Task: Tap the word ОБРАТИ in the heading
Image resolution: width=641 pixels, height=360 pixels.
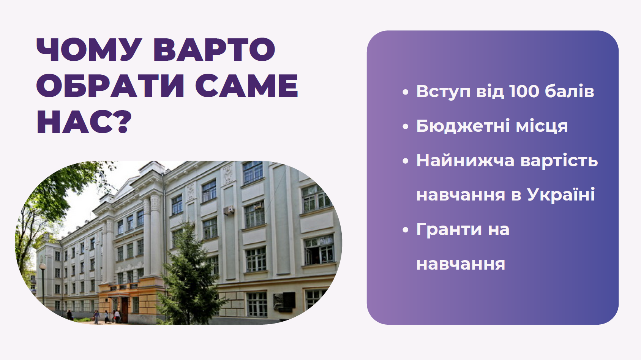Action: point(110,86)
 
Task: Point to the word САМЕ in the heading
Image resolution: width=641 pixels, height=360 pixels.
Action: point(247,86)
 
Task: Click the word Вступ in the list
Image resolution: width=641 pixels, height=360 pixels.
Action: point(443,92)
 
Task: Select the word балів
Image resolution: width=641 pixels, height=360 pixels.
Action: point(570,91)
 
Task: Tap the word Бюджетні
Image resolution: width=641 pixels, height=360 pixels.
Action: point(463,126)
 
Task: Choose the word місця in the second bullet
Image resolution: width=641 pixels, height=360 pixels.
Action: point(542,126)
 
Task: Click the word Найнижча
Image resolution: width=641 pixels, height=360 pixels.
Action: point(465,160)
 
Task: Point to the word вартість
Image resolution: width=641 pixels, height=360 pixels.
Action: point(559,160)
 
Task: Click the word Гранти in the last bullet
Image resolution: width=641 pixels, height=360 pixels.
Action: point(449,229)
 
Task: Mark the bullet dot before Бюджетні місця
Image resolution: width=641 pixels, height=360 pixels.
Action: point(406,126)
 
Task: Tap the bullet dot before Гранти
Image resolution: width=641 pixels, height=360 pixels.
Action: point(406,230)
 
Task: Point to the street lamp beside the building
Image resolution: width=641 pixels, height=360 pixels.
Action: point(43,286)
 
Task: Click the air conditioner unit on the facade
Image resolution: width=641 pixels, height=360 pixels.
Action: point(229,211)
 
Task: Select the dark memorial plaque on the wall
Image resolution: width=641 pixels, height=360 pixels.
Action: point(284,301)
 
